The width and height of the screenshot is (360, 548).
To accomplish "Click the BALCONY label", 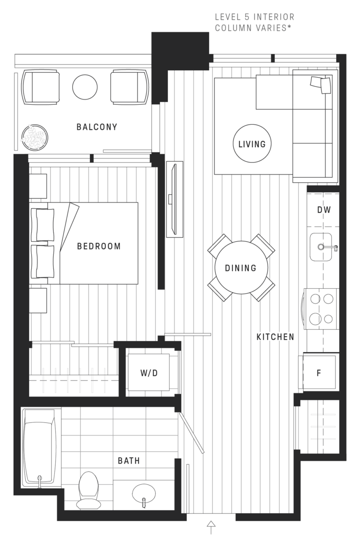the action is (x=97, y=127).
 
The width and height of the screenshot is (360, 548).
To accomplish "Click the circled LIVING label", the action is (x=252, y=143).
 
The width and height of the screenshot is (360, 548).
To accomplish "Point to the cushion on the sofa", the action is (x=321, y=84).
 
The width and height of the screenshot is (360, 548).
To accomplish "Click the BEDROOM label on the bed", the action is (x=99, y=247).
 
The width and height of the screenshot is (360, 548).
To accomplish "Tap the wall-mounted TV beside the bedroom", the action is (x=174, y=200).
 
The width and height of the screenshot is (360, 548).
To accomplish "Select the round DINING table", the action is (x=241, y=268).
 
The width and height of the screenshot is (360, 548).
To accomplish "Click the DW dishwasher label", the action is (x=323, y=210).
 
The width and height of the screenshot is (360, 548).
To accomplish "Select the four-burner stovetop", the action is (x=321, y=309).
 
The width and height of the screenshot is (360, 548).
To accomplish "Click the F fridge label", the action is (x=319, y=373).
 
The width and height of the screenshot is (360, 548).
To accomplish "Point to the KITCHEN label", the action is (x=276, y=337).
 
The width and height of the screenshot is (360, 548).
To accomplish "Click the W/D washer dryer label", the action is (x=149, y=373).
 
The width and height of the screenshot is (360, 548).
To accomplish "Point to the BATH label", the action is (x=128, y=461).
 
